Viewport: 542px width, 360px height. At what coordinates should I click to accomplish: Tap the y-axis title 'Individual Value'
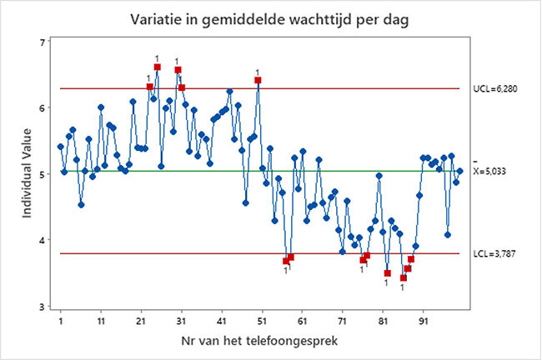click(x=28, y=173)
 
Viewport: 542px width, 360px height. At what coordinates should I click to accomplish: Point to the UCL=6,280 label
click(x=496, y=88)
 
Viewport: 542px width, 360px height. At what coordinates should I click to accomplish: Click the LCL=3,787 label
click(x=495, y=252)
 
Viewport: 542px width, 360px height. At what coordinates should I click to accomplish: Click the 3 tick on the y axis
click(x=42, y=306)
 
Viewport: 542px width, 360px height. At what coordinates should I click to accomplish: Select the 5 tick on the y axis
click(x=42, y=174)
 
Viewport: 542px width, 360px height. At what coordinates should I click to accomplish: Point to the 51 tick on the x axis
click(x=262, y=319)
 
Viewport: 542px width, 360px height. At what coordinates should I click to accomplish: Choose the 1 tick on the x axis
click(x=61, y=319)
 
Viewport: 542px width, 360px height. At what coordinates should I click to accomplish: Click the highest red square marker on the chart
click(x=157, y=67)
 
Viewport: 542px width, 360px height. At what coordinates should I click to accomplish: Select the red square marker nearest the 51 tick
click(x=258, y=80)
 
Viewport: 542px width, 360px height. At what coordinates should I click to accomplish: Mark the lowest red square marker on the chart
click(x=404, y=277)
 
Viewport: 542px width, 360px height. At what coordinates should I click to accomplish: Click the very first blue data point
click(x=60, y=146)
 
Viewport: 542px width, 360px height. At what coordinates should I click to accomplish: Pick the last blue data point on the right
click(x=459, y=171)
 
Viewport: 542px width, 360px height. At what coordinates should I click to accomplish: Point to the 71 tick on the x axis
click(x=343, y=319)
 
